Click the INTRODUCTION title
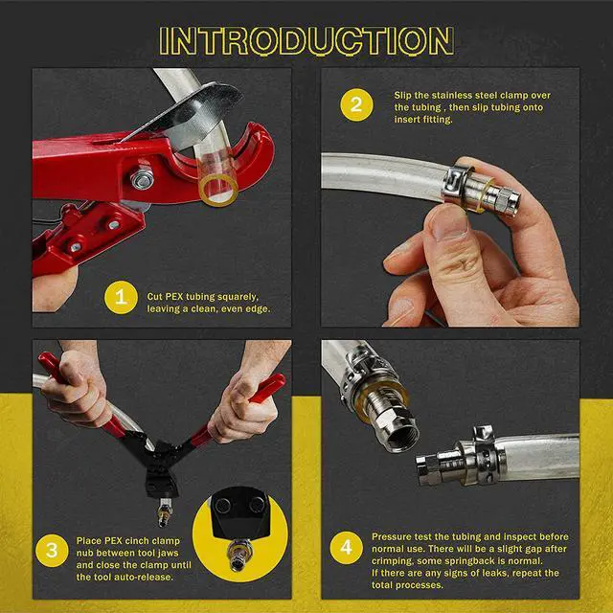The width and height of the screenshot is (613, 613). (306, 39)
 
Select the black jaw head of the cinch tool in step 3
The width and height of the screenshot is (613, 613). (157, 465)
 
